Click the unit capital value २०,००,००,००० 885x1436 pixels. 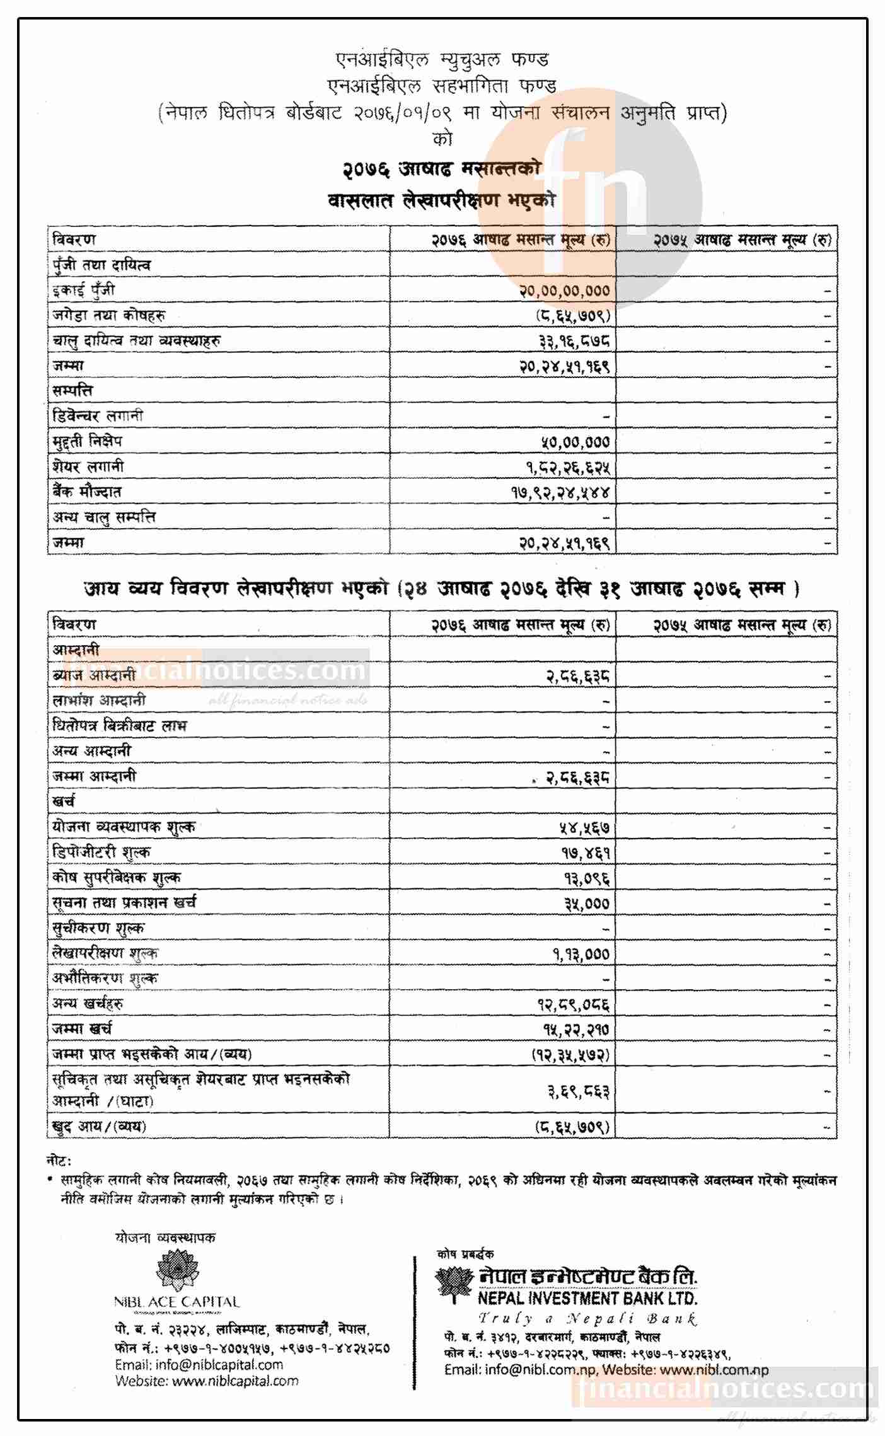click(x=564, y=290)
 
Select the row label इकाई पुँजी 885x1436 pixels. click(x=84, y=290)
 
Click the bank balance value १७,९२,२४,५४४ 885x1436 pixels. click(x=560, y=492)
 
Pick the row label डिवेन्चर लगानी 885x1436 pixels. click(x=98, y=416)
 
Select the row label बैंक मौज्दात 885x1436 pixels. click(x=87, y=491)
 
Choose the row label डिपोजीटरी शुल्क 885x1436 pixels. click(x=101, y=853)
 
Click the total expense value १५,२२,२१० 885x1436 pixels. click(x=576, y=1030)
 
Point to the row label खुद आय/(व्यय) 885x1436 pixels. click(x=99, y=1126)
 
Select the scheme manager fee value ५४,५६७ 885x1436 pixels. click(x=584, y=827)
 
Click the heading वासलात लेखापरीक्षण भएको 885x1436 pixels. click(x=441, y=200)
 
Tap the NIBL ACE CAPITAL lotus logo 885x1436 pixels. click(x=177, y=1270)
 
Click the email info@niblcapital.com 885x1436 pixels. click(x=199, y=1364)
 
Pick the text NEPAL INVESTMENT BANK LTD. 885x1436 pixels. click(x=587, y=1298)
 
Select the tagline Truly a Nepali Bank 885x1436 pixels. click(x=587, y=1318)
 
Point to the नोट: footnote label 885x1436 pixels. click(x=59, y=1161)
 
